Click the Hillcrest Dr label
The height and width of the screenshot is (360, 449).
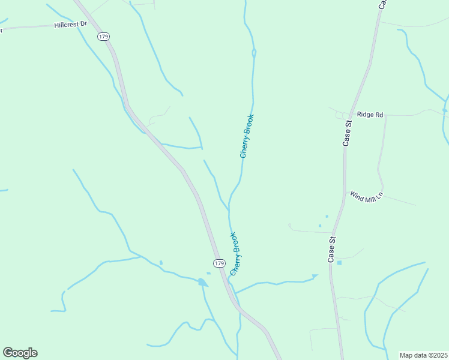tap(71, 25)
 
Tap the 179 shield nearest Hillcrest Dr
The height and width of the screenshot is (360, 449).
tap(104, 37)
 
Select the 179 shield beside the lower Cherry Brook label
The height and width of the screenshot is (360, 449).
tap(219, 263)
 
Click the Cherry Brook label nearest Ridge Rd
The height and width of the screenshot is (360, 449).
tap(247, 136)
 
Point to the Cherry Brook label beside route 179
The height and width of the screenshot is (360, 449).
tap(236, 254)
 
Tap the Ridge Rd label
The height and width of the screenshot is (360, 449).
tap(370, 114)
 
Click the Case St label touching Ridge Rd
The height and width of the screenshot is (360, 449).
tap(347, 133)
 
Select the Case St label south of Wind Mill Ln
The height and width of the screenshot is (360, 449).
tap(331, 249)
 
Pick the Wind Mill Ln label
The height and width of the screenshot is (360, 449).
tap(366, 196)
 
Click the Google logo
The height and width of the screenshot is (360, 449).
tap(20, 353)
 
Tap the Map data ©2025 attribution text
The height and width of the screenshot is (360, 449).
tap(423, 355)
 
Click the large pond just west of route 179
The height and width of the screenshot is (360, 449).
tap(202, 282)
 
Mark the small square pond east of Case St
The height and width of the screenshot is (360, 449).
tap(339, 263)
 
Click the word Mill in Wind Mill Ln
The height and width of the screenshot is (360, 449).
tap(367, 197)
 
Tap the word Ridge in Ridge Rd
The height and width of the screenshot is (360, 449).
tap(364, 114)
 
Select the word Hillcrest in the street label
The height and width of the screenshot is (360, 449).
tap(66, 26)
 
